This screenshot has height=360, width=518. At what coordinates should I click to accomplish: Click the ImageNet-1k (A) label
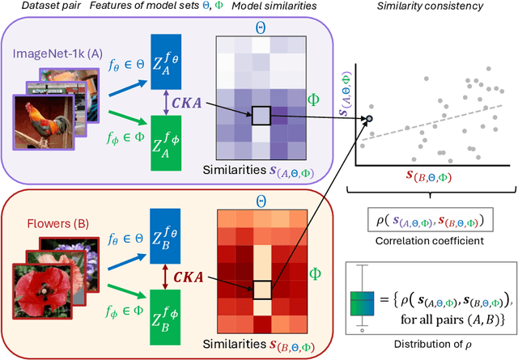tap(57, 53)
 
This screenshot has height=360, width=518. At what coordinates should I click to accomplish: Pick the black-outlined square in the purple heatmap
tap(262, 116)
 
